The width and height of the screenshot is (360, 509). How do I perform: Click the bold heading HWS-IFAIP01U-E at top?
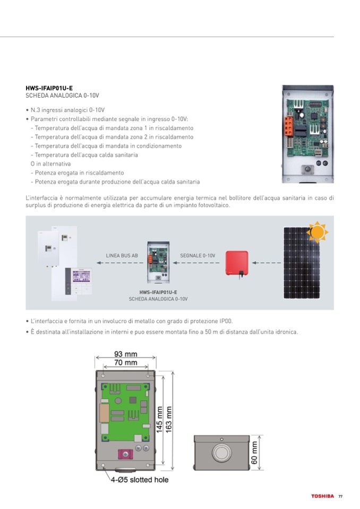point(49,88)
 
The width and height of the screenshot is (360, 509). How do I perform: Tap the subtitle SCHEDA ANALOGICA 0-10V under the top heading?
point(62,96)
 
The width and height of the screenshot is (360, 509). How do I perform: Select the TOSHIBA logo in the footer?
point(322,496)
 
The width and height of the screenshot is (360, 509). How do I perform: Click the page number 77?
point(340,496)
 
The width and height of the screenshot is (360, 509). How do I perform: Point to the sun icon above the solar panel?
point(318,231)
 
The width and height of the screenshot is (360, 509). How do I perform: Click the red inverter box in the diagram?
point(237,263)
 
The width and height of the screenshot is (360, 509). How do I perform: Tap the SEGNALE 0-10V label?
point(198,255)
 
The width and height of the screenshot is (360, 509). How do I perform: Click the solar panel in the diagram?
point(301,263)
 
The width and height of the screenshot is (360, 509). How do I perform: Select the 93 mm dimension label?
point(125,354)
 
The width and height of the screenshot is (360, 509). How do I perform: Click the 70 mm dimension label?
point(125,363)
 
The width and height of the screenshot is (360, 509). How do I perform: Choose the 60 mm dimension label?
point(254,453)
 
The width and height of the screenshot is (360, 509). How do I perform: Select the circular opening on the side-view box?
point(220,453)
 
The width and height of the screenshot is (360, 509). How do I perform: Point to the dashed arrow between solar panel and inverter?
point(265,263)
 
